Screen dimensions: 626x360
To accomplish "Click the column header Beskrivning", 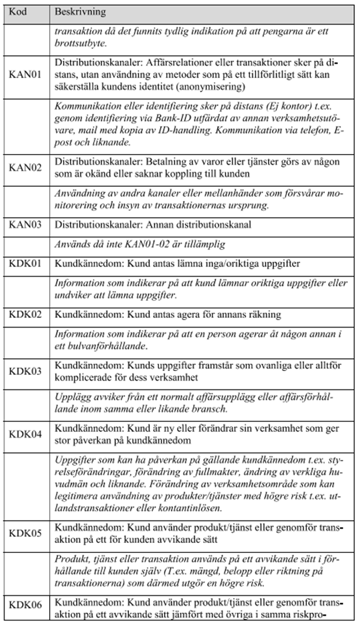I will tap(80, 12).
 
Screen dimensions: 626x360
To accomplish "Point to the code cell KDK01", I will tap(26, 263).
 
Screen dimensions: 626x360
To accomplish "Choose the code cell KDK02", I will tap(26, 314).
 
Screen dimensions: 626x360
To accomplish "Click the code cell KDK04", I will tap(26, 434).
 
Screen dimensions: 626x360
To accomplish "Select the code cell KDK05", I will tap(26, 532).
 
